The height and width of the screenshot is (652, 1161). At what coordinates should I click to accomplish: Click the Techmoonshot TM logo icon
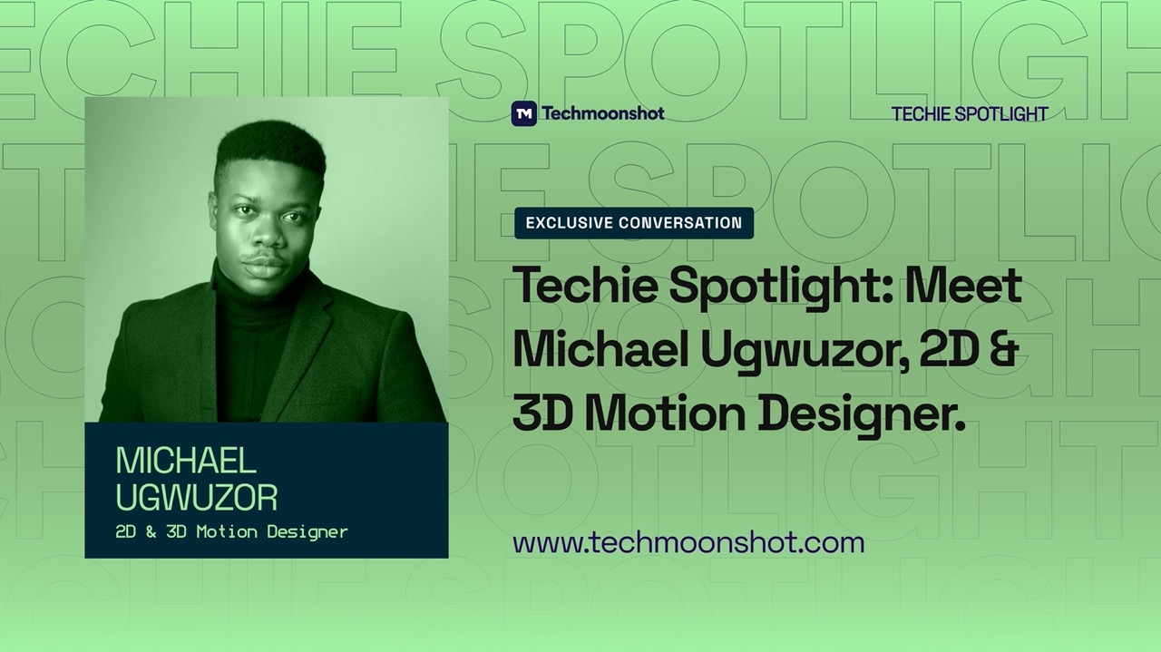point(523,113)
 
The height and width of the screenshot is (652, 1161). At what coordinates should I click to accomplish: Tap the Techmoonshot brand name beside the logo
point(602,113)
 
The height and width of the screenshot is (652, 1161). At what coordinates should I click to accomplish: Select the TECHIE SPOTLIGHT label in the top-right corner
point(970,114)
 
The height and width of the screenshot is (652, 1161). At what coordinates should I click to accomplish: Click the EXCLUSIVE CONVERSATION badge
point(633,223)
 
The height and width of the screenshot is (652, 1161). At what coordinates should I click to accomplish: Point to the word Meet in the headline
point(964,287)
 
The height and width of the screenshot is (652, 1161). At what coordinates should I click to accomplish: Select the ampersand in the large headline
point(1002,350)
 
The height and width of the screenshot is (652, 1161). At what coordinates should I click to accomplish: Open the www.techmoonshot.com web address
point(688,543)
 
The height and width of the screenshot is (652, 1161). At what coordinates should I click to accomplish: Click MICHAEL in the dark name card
point(186,462)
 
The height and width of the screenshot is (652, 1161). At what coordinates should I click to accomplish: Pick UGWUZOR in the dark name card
point(196,497)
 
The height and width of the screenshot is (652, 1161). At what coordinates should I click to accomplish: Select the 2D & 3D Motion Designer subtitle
point(231,532)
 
